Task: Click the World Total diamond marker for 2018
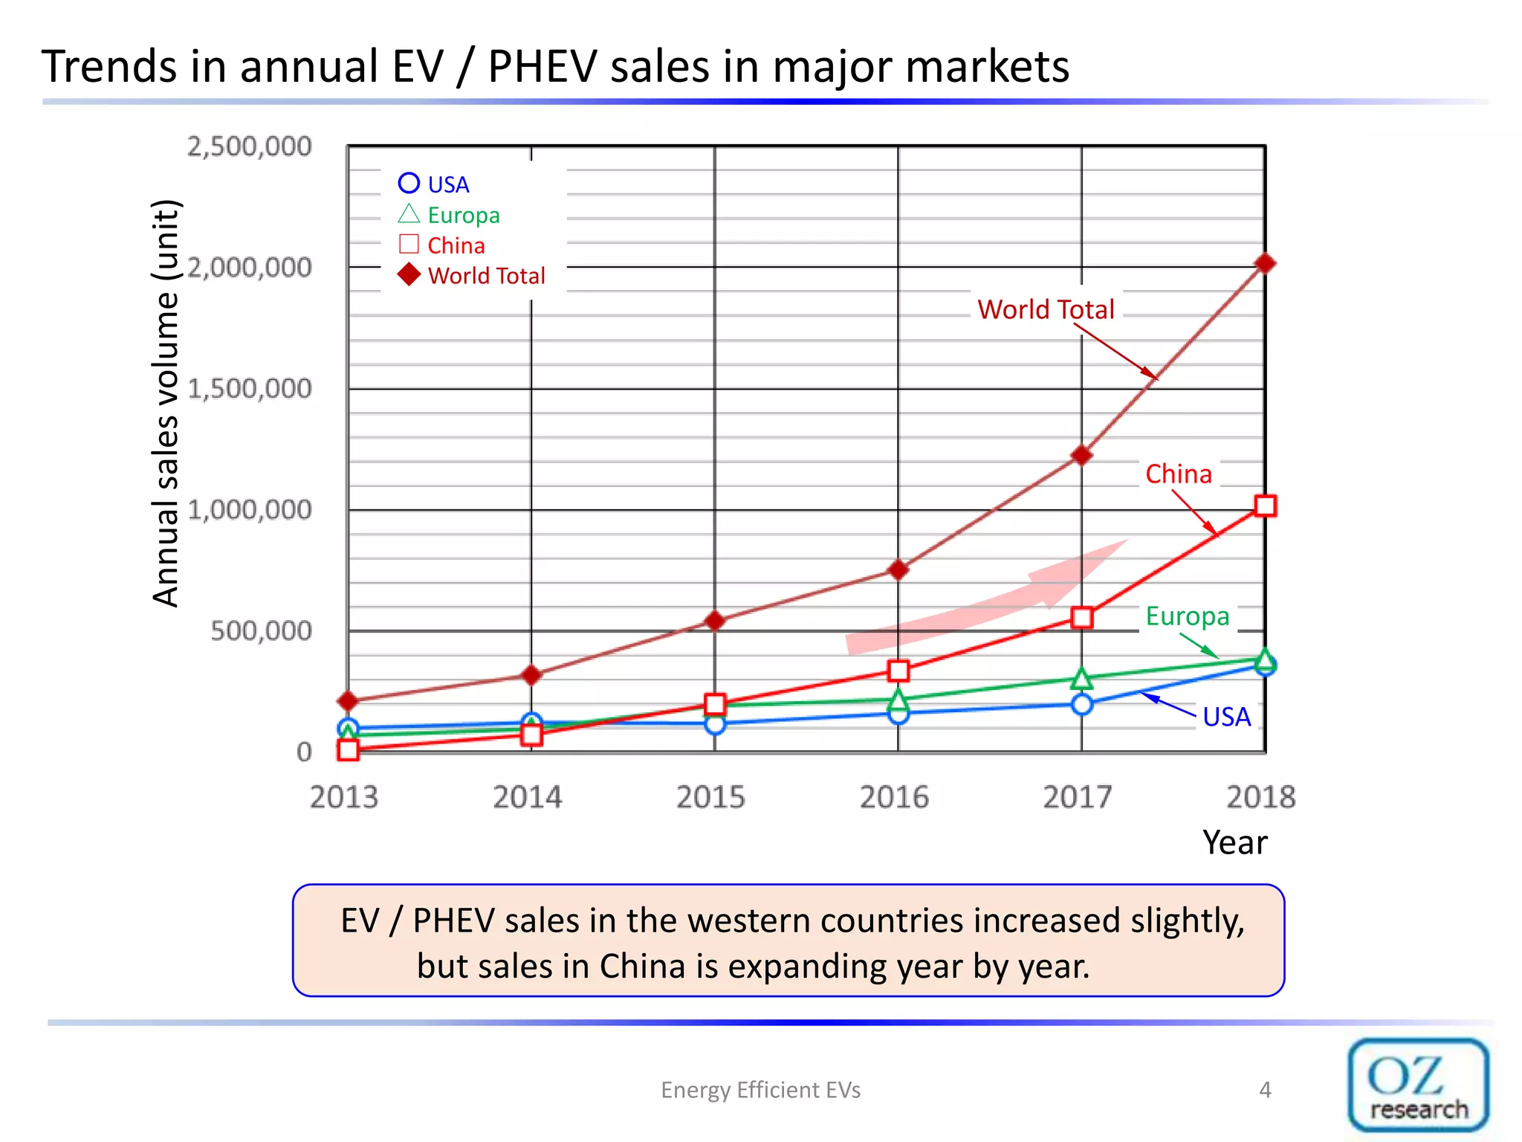[1265, 264]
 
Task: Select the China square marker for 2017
[1082, 617]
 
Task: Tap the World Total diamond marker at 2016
[898, 570]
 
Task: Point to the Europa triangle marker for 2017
[1082, 679]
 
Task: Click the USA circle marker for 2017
[1082, 704]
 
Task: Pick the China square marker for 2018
[1265, 506]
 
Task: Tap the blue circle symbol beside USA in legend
[409, 183]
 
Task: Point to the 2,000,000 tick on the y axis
[249, 268]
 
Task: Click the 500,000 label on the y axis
[261, 631]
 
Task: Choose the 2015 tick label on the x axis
[710, 797]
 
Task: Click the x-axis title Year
[1234, 842]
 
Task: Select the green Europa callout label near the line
[1187, 616]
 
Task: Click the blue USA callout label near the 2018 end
[1226, 717]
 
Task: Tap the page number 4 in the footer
[1265, 1090]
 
